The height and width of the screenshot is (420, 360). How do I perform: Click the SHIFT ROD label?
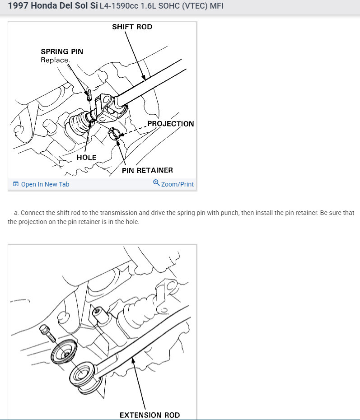coord(132,27)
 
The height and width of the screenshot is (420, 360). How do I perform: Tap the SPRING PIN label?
coord(62,51)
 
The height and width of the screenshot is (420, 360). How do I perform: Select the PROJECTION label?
coord(170,124)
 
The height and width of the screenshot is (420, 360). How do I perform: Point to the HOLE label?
coord(86,157)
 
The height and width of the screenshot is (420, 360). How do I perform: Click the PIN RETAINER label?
coord(147,170)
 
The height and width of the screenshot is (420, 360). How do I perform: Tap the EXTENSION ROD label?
coord(150,415)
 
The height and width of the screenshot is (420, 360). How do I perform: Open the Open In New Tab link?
coord(45,184)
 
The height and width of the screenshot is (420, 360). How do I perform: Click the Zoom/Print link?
coord(177,184)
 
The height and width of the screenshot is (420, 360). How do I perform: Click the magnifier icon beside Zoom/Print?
coord(156,183)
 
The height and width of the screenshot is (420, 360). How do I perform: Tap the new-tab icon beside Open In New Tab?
coord(16,184)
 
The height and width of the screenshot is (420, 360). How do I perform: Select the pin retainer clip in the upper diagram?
coord(115,134)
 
